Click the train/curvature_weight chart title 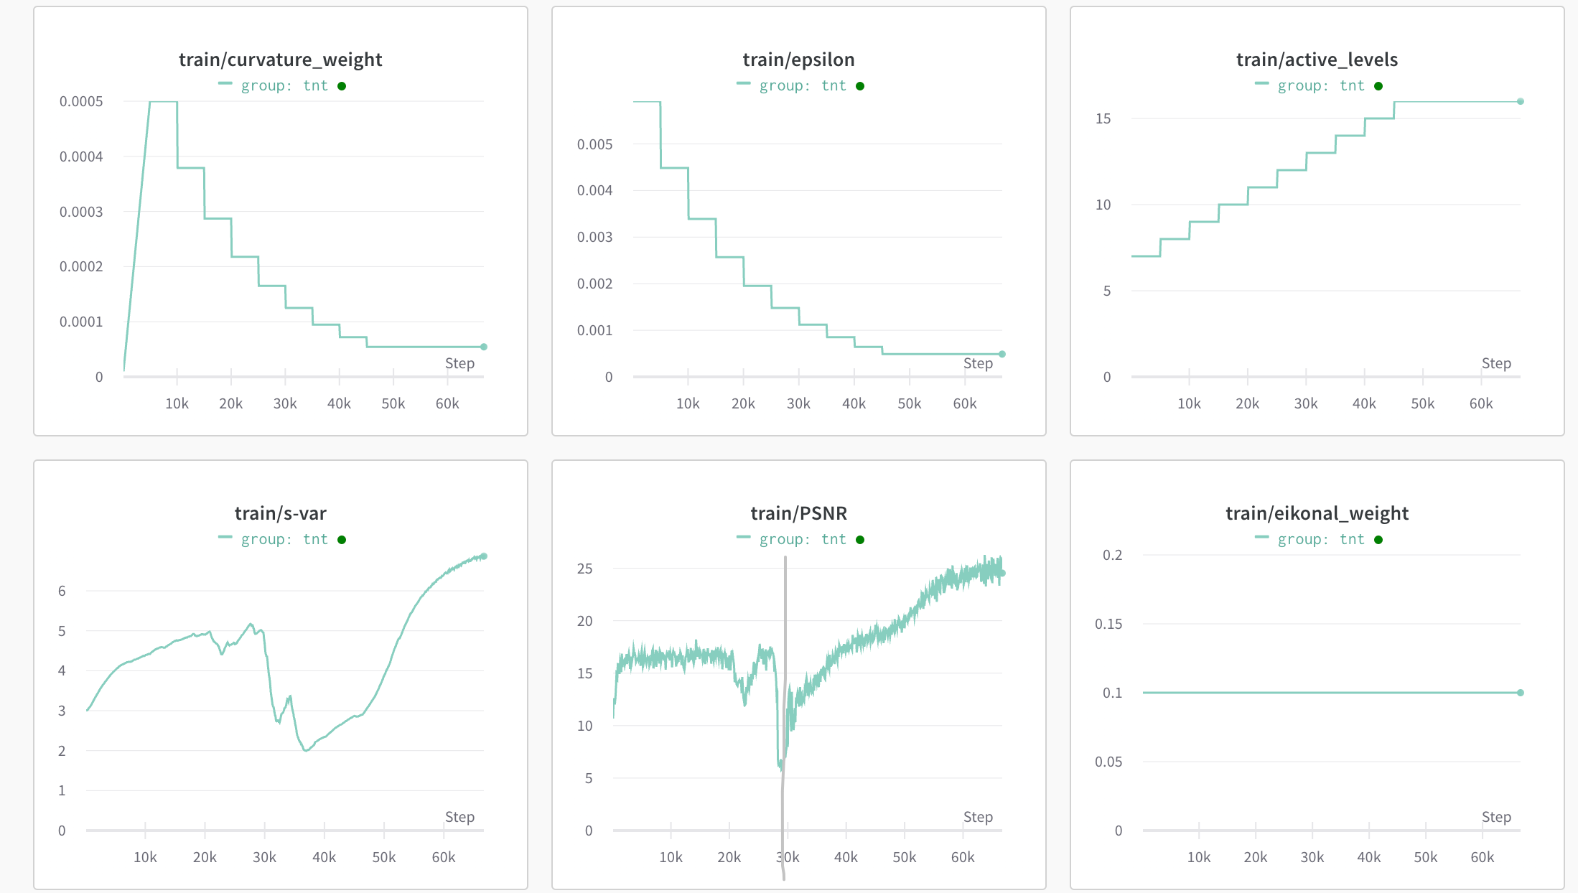(280, 60)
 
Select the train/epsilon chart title (798, 60)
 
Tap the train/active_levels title (1317, 60)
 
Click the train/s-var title (280, 513)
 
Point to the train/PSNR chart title (798, 513)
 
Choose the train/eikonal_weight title (1317, 513)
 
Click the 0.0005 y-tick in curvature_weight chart (81, 101)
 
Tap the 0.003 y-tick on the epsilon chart (594, 237)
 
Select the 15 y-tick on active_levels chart (1103, 118)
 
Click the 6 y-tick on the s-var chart (62, 591)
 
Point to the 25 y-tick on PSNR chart (584, 569)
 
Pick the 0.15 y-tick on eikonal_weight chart (1108, 624)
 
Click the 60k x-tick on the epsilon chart (964, 403)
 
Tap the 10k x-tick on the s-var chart (145, 857)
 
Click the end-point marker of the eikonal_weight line (1520, 693)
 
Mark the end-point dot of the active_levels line (1520, 101)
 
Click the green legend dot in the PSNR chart (860, 540)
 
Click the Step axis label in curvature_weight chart (459, 363)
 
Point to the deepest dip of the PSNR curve (781, 768)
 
